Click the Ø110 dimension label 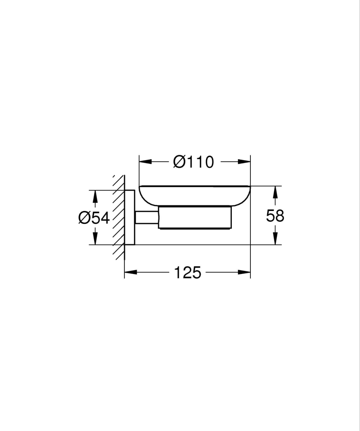tap(193, 162)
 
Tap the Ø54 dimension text tap(94, 218)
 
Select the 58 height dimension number tap(275, 216)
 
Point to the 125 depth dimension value tap(188, 272)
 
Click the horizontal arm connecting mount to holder tap(147, 218)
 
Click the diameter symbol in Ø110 tap(179, 162)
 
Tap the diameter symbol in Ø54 tap(85, 218)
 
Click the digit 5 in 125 tap(196, 272)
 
